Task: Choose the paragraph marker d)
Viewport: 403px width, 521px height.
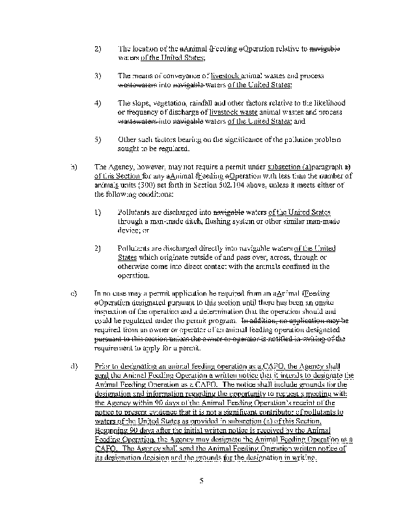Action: click(72, 366)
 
